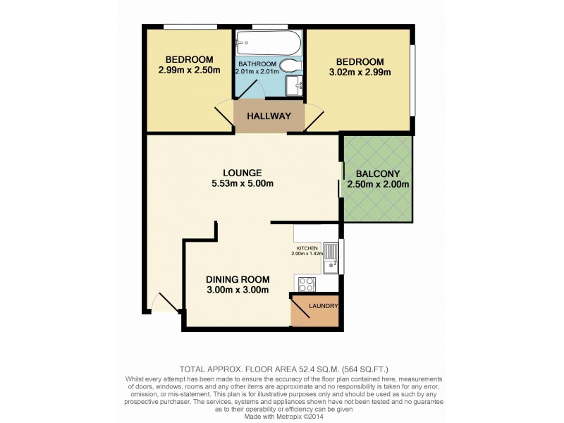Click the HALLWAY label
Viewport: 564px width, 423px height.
coord(269,116)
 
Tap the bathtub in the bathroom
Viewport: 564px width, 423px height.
coord(268,45)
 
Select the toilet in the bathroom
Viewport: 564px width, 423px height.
coord(289,66)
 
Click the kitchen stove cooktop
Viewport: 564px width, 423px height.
coord(307,284)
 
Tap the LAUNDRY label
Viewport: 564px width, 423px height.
coord(324,307)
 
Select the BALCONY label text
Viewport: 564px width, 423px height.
coord(378,174)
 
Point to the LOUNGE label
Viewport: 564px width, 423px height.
coord(243,173)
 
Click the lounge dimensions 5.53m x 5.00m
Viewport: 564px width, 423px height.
coord(243,184)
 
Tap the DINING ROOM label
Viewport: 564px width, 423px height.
coord(238,279)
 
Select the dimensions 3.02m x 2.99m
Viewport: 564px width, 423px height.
coord(360,71)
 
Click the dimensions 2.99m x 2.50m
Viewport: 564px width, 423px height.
coord(188,70)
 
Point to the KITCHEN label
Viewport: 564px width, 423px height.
coord(307,248)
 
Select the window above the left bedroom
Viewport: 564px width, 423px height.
coord(190,27)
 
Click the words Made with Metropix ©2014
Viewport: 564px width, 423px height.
coord(282,414)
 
